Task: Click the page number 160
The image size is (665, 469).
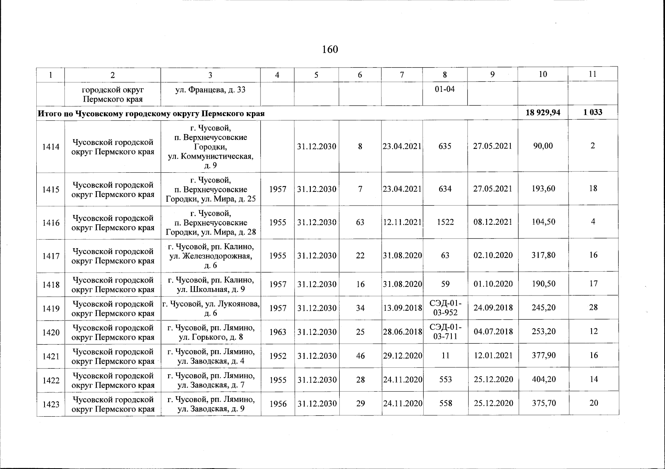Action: (x=330, y=50)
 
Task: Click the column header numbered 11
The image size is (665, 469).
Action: (x=592, y=74)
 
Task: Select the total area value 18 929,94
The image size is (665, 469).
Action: (x=543, y=113)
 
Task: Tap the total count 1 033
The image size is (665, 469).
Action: (x=593, y=113)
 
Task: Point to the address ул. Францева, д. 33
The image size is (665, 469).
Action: (x=210, y=90)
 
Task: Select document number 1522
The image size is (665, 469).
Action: (x=445, y=222)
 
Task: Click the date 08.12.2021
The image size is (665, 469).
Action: (x=493, y=222)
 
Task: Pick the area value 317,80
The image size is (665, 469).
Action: (x=543, y=255)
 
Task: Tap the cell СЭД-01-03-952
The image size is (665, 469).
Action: (x=445, y=308)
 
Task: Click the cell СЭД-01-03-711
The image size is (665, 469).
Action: (x=445, y=332)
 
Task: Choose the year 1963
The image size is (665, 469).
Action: (x=278, y=332)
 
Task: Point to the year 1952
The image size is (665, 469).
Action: (x=278, y=356)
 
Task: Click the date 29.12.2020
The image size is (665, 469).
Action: (x=403, y=356)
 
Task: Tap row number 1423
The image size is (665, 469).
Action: (x=51, y=404)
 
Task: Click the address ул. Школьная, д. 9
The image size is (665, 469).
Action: (x=211, y=289)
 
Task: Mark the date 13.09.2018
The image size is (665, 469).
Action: (x=403, y=308)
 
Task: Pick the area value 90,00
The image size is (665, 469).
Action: (x=543, y=146)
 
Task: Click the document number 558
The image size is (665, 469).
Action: (x=446, y=403)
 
